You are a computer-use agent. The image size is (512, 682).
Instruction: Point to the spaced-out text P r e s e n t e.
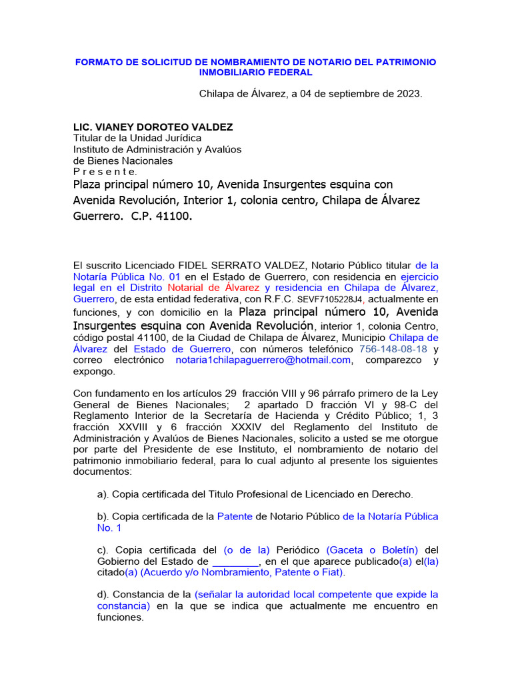coord(105,172)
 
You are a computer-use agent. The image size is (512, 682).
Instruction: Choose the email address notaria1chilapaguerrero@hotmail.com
coord(263,360)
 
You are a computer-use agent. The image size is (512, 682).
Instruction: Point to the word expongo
coord(94,372)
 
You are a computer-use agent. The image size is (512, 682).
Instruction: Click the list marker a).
coord(103,494)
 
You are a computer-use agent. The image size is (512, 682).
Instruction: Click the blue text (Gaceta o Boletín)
coord(372,549)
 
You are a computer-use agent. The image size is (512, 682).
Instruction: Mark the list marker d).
coord(103,594)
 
